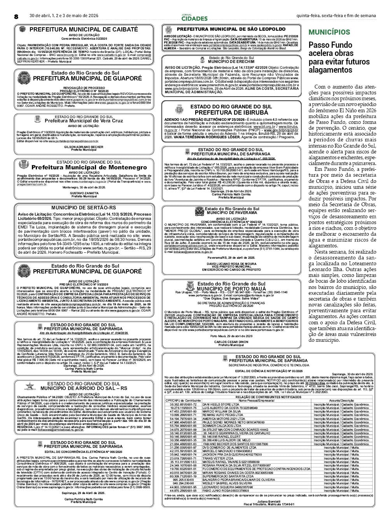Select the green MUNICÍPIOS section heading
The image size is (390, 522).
(329, 32)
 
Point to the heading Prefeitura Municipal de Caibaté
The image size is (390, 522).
(83, 30)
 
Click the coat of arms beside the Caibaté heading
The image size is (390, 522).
(22, 30)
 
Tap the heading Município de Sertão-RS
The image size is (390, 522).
(84, 208)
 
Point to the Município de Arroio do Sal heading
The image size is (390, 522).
(84, 388)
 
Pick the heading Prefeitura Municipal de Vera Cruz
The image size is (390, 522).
(84, 121)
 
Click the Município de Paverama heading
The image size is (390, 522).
(232, 213)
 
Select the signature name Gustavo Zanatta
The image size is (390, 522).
(84, 193)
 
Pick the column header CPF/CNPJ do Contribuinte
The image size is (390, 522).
(183, 400)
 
